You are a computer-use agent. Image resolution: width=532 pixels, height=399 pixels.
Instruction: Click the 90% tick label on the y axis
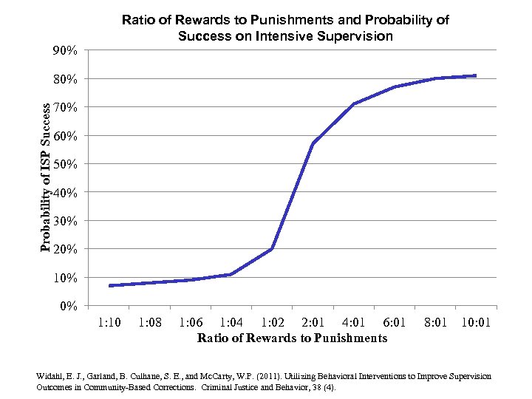(x=65, y=51)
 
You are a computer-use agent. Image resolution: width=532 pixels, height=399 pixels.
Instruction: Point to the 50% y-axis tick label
(x=65, y=164)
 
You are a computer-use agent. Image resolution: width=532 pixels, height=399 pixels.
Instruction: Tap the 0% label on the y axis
(x=68, y=306)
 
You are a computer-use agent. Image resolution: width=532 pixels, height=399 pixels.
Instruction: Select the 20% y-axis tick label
(x=65, y=249)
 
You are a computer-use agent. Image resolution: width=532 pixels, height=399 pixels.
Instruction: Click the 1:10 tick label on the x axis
(x=109, y=323)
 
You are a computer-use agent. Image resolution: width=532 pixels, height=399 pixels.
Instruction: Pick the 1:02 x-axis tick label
(x=273, y=323)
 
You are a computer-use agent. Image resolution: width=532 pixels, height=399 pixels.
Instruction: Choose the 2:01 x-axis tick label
(x=313, y=323)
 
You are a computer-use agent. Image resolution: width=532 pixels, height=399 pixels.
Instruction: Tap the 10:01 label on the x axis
(x=476, y=323)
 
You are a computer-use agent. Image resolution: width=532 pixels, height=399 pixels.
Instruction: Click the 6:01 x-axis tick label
(x=395, y=323)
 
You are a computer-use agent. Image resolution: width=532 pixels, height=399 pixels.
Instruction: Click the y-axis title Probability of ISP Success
(x=46, y=177)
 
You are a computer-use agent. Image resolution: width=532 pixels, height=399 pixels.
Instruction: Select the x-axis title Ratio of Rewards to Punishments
(x=292, y=338)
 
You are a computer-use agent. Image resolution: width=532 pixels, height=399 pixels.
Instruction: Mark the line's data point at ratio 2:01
(x=313, y=143)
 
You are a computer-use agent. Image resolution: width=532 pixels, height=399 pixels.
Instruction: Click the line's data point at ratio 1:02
(x=273, y=249)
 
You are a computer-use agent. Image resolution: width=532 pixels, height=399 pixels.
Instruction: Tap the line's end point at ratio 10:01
(x=476, y=75)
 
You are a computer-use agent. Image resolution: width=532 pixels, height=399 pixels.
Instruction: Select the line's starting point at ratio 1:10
(x=109, y=285)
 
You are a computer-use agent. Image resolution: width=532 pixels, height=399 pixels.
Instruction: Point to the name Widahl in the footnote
(x=50, y=377)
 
